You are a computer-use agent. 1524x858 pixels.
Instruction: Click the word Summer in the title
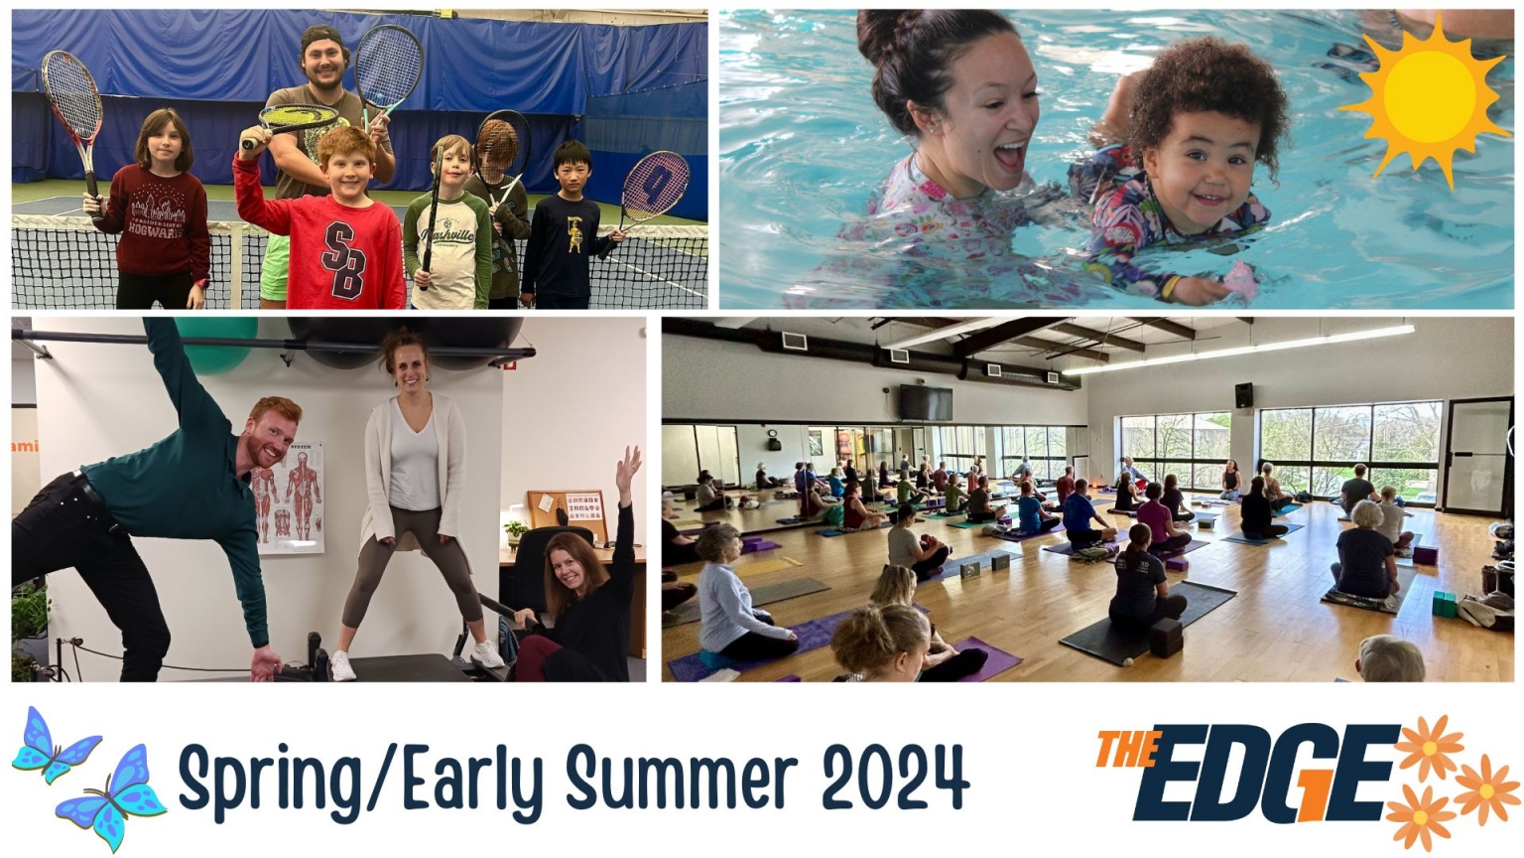(681, 776)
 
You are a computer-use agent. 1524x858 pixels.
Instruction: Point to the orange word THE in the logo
(1128, 749)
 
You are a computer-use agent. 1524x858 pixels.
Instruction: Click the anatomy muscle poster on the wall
(289, 497)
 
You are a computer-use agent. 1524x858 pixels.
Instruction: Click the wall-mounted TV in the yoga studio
(926, 402)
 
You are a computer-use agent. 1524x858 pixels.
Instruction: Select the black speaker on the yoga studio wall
(1243, 395)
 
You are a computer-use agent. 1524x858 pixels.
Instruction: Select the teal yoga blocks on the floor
(1444, 604)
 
